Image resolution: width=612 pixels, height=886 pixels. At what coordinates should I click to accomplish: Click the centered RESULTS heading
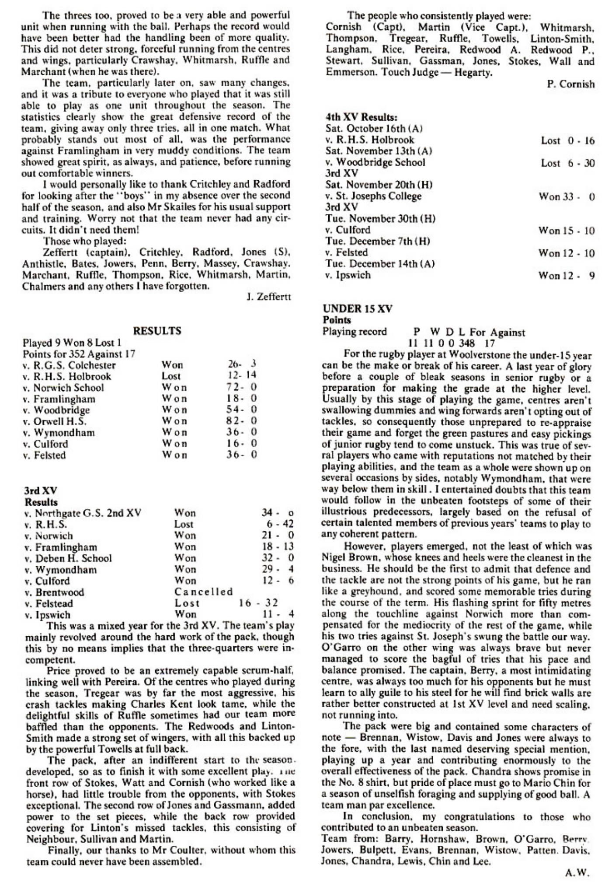pyautogui.click(x=157, y=331)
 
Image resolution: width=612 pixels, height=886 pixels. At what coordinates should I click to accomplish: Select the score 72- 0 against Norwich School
pyautogui.click(x=242, y=388)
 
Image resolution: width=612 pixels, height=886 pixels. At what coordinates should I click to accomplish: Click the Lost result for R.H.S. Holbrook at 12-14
pyautogui.click(x=171, y=376)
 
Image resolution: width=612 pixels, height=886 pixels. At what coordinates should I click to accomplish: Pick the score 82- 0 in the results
pyautogui.click(x=242, y=421)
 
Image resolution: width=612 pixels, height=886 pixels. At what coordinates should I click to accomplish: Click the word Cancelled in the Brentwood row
pyautogui.click(x=204, y=592)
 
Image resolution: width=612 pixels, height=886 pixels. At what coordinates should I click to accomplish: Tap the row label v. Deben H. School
pyautogui.click(x=68, y=558)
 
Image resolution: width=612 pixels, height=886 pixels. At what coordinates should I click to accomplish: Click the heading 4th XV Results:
pyautogui.click(x=362, y=117)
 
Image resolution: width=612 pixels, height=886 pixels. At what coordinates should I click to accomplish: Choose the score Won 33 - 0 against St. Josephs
pyautogui.click(x=567, y=196)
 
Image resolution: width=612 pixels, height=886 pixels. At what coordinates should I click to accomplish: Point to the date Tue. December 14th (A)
pyautogui.click(x=380, y=264)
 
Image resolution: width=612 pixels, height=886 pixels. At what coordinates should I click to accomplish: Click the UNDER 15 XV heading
pyautogui.click(x=358, y=308)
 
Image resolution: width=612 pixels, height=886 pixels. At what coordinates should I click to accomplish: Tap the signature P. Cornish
pyautogui.click(x=570, y=84)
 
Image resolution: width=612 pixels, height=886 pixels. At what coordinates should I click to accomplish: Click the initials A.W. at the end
pyautogui.click(x=577, y=873)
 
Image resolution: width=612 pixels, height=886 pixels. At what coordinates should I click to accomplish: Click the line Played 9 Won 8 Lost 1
pyautogui.click(x=72, y=343)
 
